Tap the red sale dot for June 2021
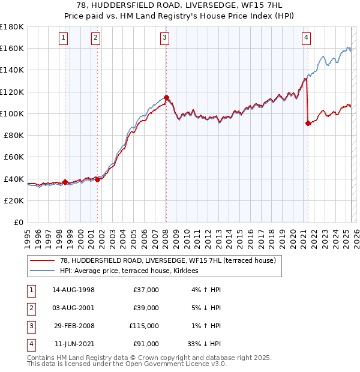point(308,123)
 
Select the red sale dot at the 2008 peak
point(166,97)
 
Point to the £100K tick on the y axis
point(12,113)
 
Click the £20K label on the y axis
point(14,200)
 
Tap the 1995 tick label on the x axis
point(27,235)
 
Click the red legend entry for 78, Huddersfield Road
point(167,260)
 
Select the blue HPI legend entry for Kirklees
point(133,271)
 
